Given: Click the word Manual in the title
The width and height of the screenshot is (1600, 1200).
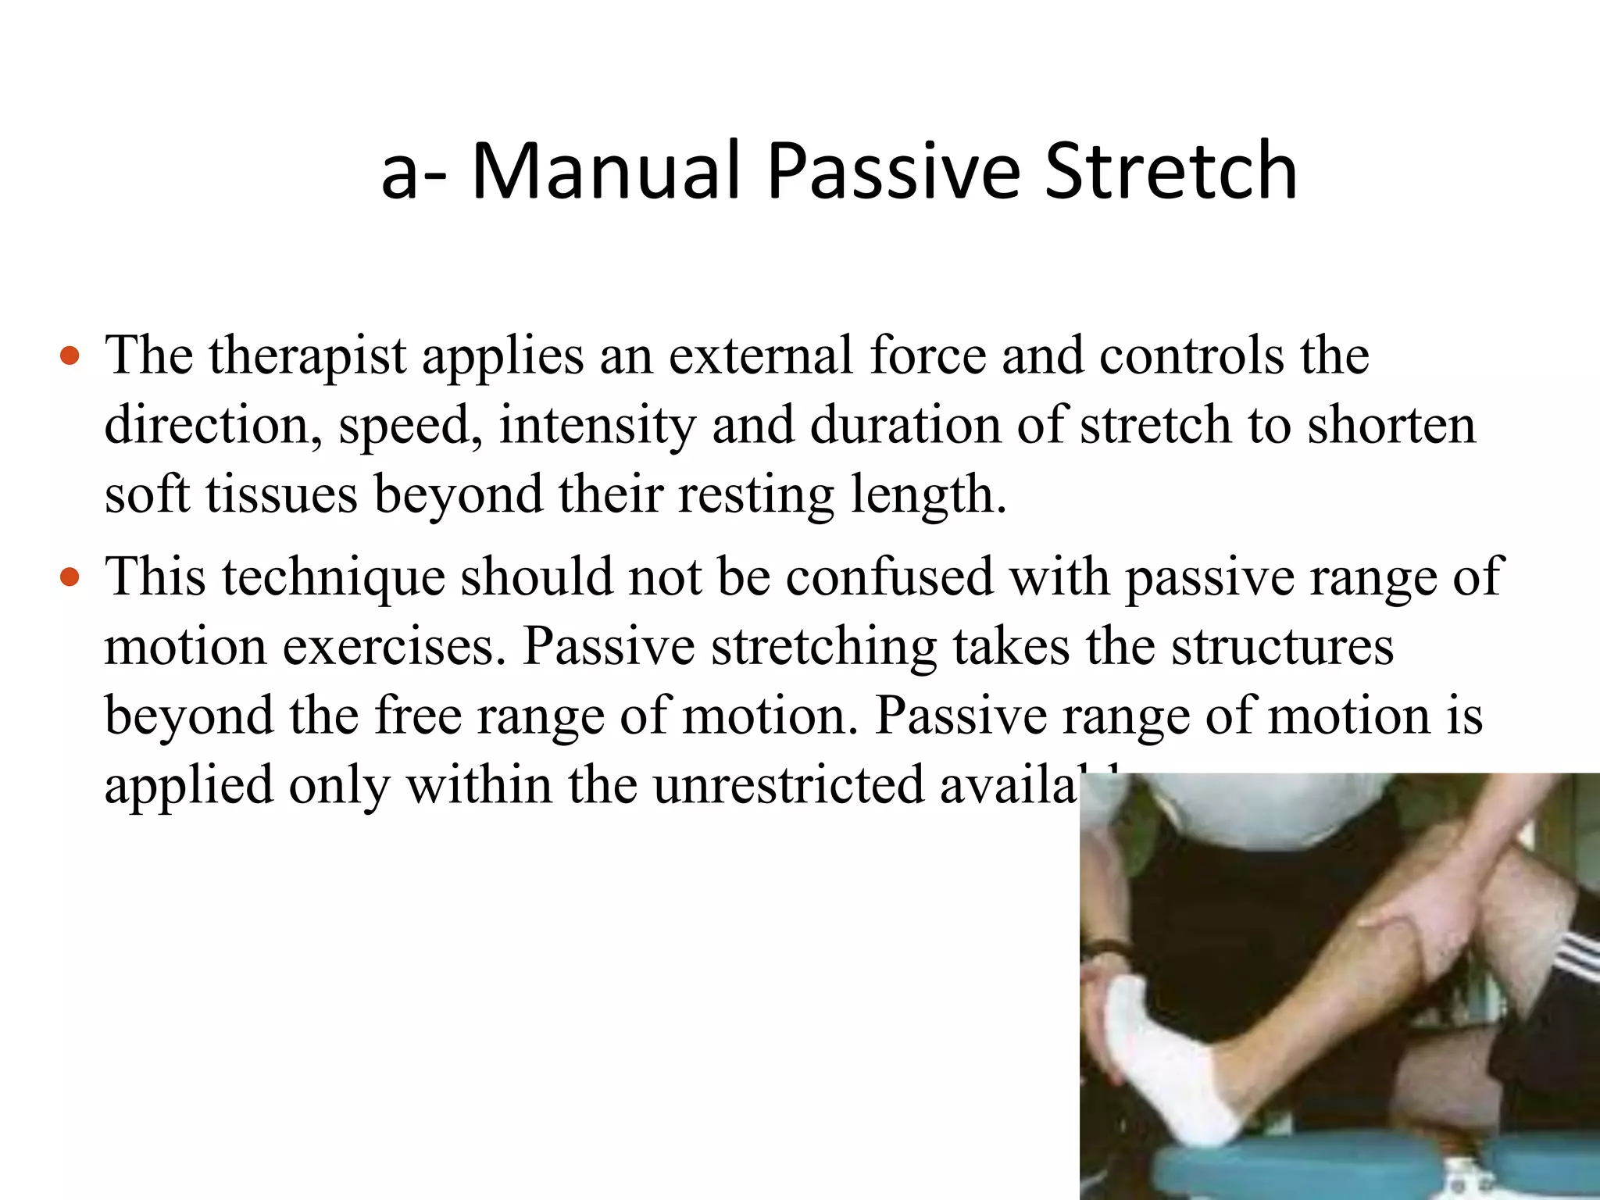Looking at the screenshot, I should coord(605,171).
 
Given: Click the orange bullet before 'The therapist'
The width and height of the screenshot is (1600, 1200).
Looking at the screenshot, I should coord(70,357).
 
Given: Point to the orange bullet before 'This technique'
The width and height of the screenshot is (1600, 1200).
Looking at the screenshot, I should coord(70,578).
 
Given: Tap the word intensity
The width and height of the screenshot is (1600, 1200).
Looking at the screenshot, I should coord(597,426).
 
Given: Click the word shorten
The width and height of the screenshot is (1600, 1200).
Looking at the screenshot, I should coord(1391,426).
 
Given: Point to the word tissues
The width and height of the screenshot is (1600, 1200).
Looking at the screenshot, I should coord(281,495).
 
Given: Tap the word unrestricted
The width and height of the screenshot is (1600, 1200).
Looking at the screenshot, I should coord(788,785).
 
